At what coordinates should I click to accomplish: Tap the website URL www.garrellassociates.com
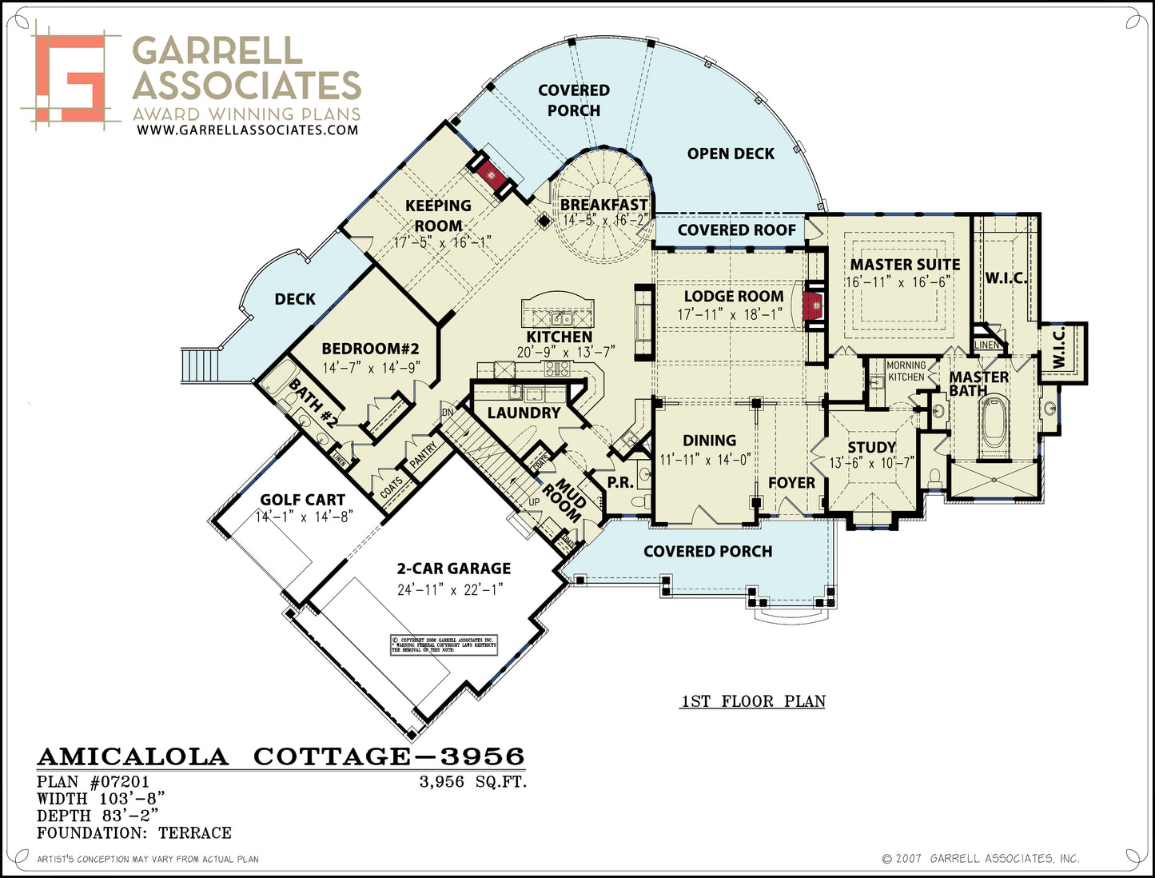pos(247,130)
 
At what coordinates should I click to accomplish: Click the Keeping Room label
pos(438,216)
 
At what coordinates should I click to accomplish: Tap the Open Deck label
pos(731,154)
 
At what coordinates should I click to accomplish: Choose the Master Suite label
pos(905,264)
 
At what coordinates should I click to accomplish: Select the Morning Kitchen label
pos(906,371)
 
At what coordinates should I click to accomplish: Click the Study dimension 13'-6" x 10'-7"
pos(871,463)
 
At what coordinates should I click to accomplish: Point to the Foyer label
pos(791,483)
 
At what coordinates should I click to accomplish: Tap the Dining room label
pos(709,441)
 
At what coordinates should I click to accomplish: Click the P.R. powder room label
pos(620,482)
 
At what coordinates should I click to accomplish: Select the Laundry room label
pos(524,413)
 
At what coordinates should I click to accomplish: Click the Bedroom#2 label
pos(370,349)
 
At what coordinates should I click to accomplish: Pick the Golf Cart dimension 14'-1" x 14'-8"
pos(304,517)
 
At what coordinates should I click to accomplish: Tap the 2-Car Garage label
pos(453,569)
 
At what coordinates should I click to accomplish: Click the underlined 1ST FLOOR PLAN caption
pos(753,701)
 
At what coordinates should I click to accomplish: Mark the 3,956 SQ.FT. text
pos(473,782)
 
